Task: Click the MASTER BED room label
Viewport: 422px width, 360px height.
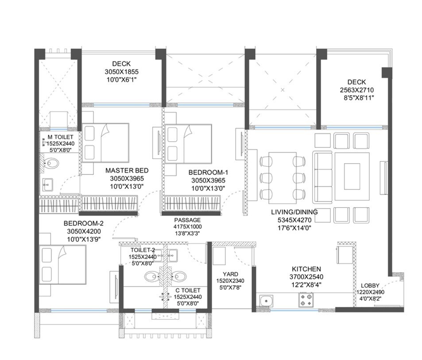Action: (x=127, y=170)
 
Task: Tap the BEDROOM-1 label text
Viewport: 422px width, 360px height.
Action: (x=208, y=172)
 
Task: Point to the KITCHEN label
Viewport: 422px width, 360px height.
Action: (x=306, y=269)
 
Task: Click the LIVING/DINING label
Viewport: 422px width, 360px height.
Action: (x=294, y=212)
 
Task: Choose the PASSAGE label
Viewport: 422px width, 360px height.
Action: (x=187, y=220)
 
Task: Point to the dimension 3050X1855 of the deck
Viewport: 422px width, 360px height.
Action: (x=121, y=72)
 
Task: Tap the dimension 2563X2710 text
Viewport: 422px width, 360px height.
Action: (x=356, y=89)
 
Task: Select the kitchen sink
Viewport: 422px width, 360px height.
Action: (x=266, y=301)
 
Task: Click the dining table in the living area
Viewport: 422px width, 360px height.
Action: (x=282, y=175)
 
